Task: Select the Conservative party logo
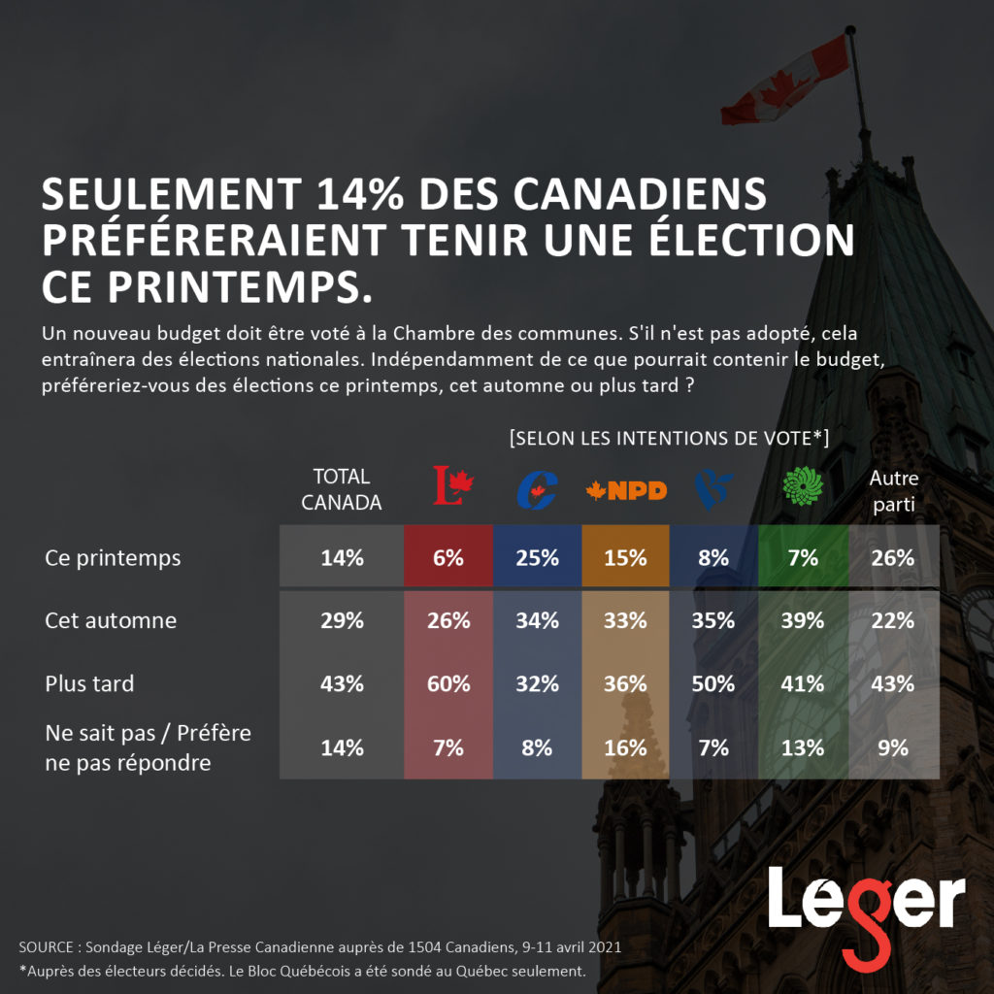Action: [536, 489]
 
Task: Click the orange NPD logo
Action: [626, 490]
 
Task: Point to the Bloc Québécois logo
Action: [714, 488]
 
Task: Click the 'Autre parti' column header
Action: [893, 491]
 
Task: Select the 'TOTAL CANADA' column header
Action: [341, 489]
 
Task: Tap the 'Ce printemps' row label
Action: [113, 559]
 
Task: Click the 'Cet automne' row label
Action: [111, 620]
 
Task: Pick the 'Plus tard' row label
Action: [89, 683]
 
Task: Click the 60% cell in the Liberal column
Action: [448, 683]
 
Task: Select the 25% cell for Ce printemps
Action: [537, 558]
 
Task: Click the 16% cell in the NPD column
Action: [625, 747]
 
